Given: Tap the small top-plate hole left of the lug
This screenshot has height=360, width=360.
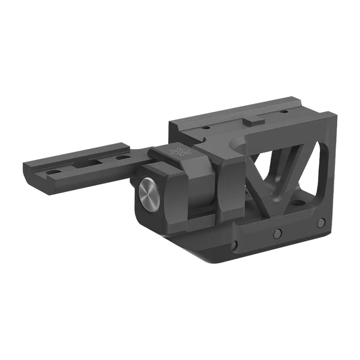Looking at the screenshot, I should (x=205, y=127).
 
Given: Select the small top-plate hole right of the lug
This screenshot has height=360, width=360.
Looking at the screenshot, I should (x=282, y=112).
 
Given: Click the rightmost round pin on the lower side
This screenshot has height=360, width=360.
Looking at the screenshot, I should (x=321, y=223).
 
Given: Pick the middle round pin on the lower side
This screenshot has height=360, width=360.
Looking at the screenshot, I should (x=277, y=233).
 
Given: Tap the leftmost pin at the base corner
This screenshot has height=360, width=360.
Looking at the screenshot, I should (x=235, y=245).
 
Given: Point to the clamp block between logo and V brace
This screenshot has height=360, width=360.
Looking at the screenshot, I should (x=226, y=180).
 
